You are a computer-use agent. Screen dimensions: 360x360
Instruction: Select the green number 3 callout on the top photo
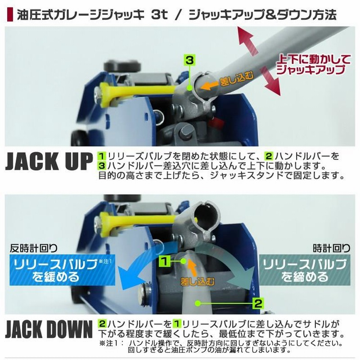point(189,59)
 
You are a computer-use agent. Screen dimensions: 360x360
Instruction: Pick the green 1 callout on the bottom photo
point(165,260)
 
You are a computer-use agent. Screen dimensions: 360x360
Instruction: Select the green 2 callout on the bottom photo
point(257,302)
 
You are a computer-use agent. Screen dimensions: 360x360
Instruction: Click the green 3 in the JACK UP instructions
point(102,165)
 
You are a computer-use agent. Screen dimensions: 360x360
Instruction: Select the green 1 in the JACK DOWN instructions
point(178,324)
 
